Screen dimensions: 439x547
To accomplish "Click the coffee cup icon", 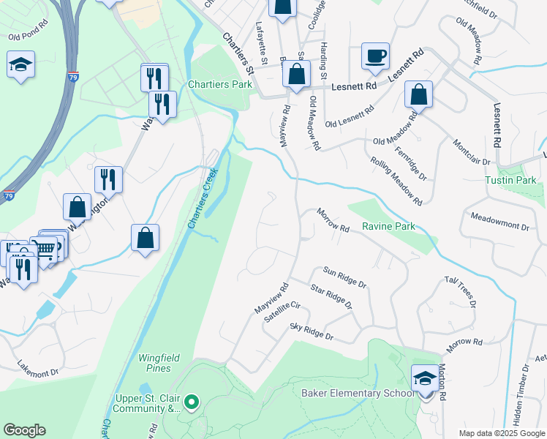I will (375, 56).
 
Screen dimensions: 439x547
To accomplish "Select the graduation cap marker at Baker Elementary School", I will (425, 378).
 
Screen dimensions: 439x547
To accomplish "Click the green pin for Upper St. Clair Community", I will (192, 401).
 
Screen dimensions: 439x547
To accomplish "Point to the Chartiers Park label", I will (219, 84).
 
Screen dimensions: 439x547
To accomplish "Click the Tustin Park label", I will (510, 180).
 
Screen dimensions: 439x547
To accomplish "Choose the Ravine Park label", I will (388, 227).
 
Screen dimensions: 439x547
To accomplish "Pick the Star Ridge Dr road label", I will (331, 297).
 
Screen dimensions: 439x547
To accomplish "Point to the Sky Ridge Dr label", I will (312, 331).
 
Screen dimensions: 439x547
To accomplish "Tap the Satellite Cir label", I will (282, 313).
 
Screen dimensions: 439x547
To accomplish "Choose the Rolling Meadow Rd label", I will (396, 181).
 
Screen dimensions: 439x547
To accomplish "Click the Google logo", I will (23, 430).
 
